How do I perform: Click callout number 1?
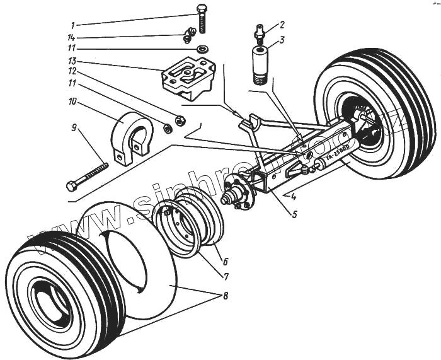(73, 25)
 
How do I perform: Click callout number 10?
(73, 101)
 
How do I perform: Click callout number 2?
(282, 25)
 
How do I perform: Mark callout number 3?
(282, 39)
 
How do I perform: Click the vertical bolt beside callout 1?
(202, 19)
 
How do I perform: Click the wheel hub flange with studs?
(239, 193)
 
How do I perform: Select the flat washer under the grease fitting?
(202, 49)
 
